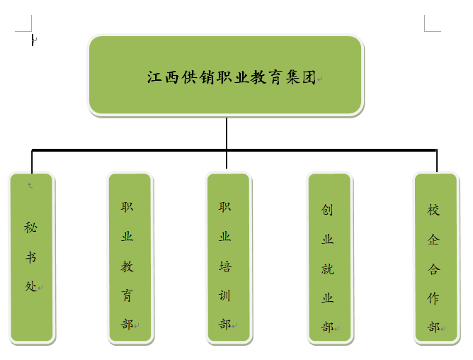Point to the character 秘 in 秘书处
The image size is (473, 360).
[30, 227]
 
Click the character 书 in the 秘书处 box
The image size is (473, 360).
[30, 257]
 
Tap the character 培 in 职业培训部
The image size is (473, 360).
[225, 266]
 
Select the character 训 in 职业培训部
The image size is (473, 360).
[225, 296]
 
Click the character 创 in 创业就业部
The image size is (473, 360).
[327, 210]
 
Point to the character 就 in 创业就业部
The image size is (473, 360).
[327, 269]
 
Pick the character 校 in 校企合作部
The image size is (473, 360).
[434, 210]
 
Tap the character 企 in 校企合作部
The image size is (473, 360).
[434, 240]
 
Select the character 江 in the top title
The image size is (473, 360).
[154, 77]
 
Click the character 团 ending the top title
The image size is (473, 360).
[309, 77]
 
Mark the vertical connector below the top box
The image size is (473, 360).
[227, 133]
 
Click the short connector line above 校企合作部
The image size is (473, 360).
[437, 162]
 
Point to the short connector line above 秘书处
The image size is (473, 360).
[33, 162]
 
